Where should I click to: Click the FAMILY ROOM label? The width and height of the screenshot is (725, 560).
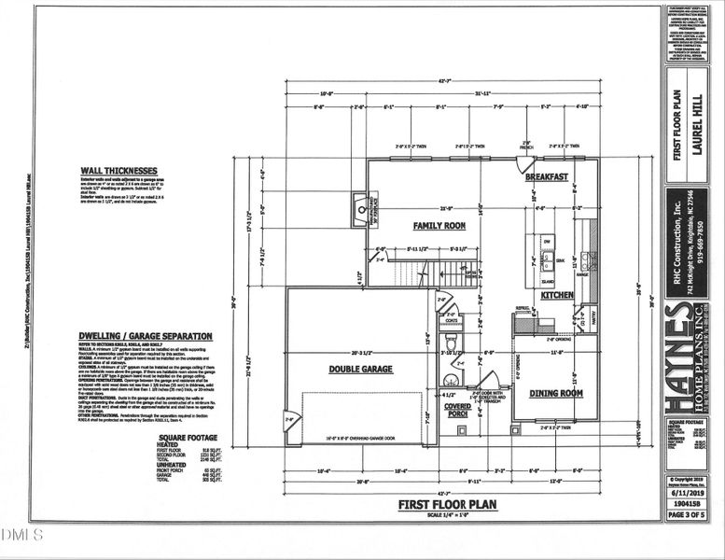pos(439,226)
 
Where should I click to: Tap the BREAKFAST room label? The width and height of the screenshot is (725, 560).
pos(546,176)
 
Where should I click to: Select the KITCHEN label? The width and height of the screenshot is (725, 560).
pos(558,295)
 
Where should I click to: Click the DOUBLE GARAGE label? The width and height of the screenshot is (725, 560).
pos(360,369)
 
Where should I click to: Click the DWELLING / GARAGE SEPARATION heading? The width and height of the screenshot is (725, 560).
pos(146,335)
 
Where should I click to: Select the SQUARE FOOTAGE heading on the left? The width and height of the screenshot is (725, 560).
pos(188,437)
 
